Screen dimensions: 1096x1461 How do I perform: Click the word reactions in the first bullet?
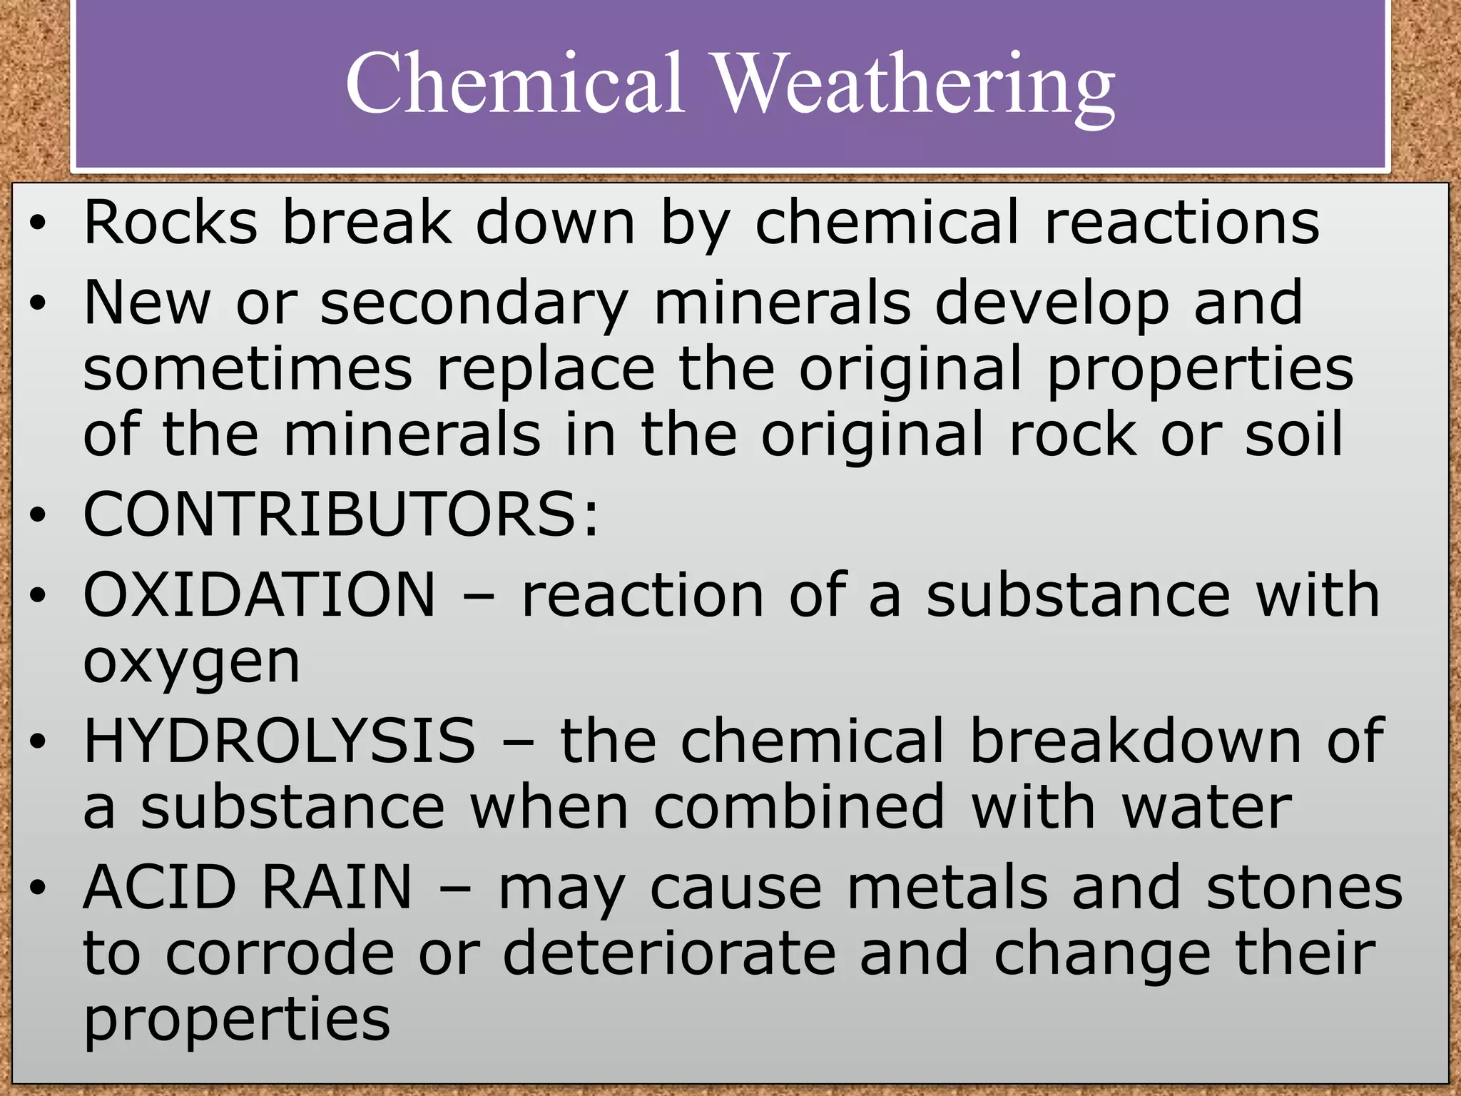pyautogui.click(x=1181, y=223)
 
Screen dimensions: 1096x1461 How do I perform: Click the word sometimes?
pyautogui.click(x=248, y=368)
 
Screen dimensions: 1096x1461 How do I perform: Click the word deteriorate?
pyautogui.click(x=669, y=953)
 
